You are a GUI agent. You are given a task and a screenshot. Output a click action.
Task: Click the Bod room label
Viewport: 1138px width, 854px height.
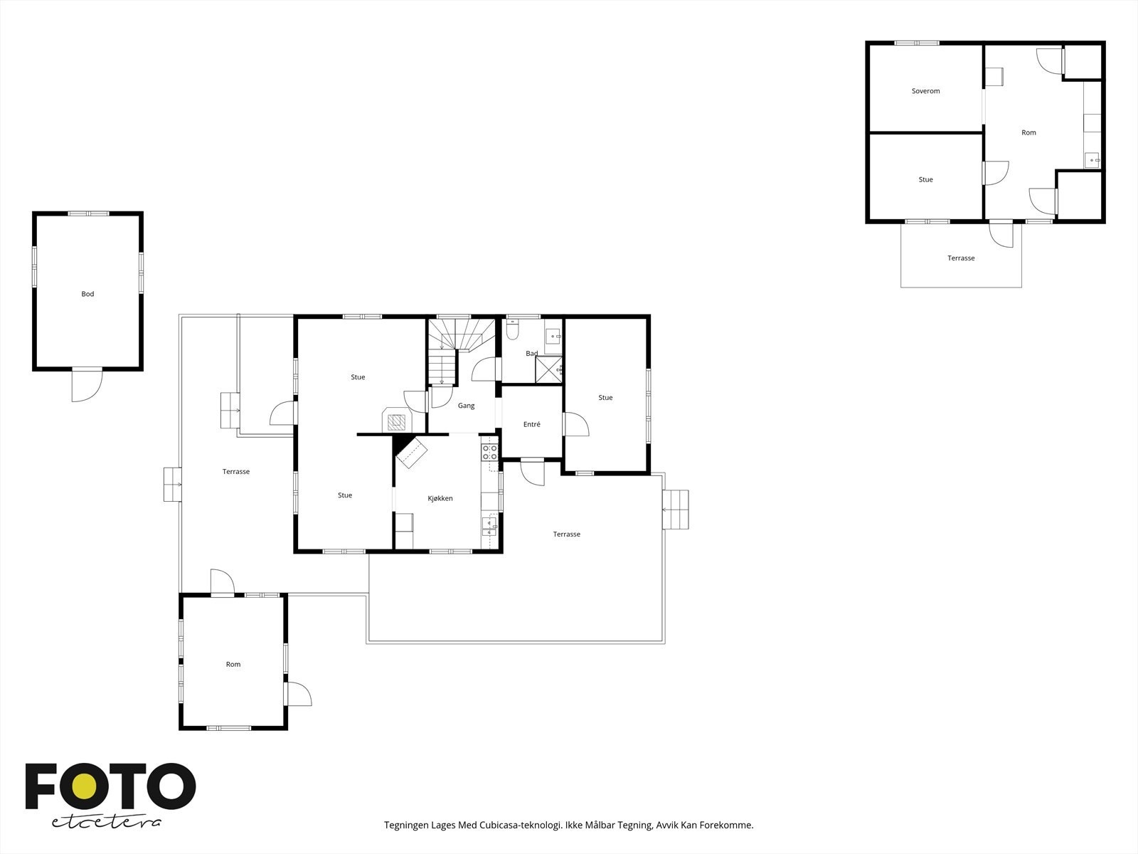[x=87, y=294]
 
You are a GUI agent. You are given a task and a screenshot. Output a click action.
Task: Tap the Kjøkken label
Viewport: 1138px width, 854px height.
[x=440, y=498]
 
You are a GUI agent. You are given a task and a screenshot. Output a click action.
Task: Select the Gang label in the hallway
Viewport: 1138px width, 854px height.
[x=466, y=406]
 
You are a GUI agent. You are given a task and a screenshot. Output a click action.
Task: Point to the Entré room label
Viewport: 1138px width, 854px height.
[x=532, y=424]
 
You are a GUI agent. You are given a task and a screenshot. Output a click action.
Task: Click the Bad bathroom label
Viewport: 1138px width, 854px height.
[x=532, y=353]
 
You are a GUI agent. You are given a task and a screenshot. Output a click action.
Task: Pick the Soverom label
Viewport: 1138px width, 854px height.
[x=926, y=91]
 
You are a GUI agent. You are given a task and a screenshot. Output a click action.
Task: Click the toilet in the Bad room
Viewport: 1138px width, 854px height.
[x=512, y=329]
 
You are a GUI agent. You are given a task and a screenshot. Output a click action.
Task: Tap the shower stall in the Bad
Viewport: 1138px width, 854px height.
[x=548, y=369]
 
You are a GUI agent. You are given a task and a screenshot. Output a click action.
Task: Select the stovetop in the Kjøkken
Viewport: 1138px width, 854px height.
[x=491, y=452]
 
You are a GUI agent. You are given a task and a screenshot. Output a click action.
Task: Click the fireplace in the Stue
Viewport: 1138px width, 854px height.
[x=397, y=421]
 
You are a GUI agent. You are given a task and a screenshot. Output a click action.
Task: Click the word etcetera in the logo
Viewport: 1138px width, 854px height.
[x=106, y=823]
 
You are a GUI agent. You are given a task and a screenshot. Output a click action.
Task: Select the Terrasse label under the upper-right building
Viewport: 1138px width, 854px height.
[x=961, y=258]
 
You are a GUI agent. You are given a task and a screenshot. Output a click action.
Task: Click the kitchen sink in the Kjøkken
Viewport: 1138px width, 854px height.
[x=489, y=527]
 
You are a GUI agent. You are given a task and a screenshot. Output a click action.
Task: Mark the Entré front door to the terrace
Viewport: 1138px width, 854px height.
[x=533, y=473]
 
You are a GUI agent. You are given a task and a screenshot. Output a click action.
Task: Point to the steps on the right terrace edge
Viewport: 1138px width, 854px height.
[x=676, y=510]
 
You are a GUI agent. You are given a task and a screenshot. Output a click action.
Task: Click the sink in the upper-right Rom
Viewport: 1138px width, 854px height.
[x=1092, y=160]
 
